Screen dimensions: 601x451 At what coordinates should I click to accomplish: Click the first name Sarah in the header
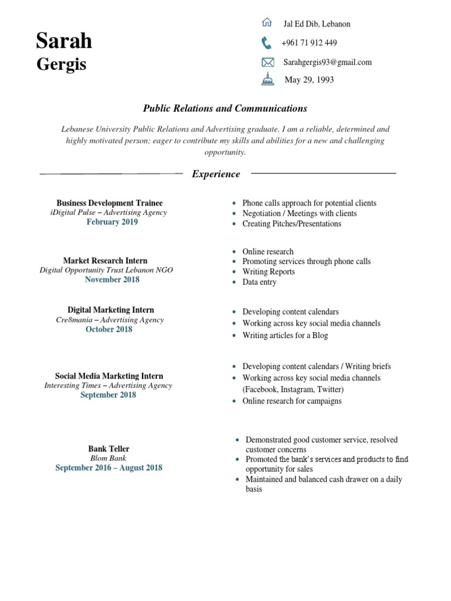click(x=64, y=41)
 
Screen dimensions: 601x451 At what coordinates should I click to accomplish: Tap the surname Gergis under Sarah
click(x=61, y=64)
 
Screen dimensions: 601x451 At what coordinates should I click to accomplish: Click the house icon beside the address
click(x=267, y=23)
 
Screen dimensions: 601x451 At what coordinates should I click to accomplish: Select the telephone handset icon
click(x=267, y=42)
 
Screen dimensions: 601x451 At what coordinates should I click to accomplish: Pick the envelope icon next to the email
click(x=267, y=62)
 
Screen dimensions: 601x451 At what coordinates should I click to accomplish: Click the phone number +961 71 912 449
click(x=309, y=43)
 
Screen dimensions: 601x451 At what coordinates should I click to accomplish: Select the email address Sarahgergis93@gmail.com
click(x=328, y=62)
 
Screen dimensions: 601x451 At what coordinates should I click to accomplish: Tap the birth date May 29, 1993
click(x=309, y=80)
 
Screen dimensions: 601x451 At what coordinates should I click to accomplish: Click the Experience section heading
click(x=216, y=174)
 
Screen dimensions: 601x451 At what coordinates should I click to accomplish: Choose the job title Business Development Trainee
click(x=110, y=203)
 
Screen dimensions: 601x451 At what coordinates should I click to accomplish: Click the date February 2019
click(x=112, y=222)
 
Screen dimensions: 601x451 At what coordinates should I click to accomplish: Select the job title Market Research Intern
click(x=106, y=261)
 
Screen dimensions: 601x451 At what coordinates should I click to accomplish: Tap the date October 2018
click(x=109, y=329)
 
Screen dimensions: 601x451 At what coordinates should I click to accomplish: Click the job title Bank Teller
click(x=109, y=449)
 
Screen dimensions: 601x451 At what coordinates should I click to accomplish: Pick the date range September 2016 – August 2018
click(x=109, y=468)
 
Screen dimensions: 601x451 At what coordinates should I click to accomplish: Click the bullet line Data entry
click(x=259, y=282)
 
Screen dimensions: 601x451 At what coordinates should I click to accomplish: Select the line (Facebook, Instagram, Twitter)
click(x=293, y=389)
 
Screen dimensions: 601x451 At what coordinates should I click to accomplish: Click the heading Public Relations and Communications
click(x=225, y=109)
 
